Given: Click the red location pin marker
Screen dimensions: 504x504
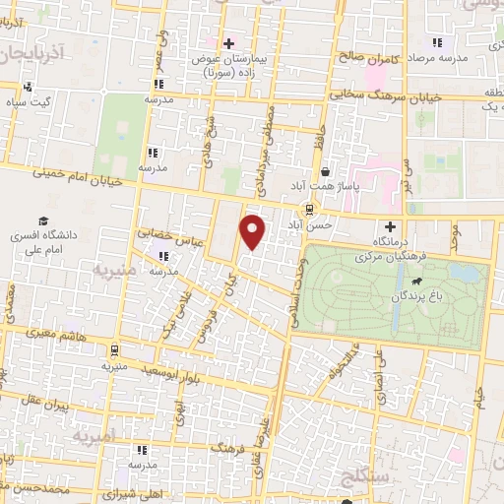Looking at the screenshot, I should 254,230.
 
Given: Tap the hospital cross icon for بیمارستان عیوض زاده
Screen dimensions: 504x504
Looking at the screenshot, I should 229,43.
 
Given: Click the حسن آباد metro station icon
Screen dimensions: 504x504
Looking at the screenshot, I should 310,209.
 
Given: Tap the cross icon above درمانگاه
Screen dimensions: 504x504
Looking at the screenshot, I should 391,227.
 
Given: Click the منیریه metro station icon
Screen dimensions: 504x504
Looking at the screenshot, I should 115,349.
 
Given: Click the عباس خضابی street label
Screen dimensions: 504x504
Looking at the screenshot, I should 169,236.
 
